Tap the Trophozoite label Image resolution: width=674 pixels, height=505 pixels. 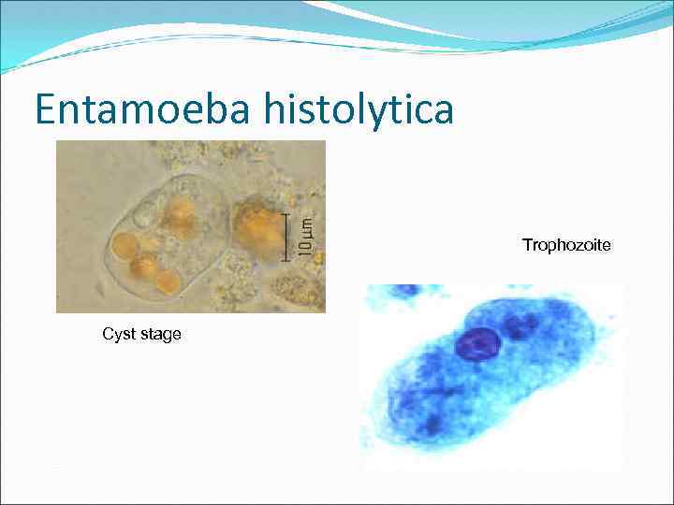[566, 245]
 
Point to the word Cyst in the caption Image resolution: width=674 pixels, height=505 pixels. [119, 334]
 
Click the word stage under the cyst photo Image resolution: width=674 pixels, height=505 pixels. [160, 334]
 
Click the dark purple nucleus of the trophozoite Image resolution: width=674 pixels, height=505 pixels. [478, 343]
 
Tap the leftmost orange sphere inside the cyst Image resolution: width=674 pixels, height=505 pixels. [125, 246]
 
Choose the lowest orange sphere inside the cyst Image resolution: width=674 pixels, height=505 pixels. [168, 281]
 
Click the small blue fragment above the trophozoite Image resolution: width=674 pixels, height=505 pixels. [405, 290]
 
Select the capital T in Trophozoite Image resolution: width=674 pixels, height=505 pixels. [526, 245]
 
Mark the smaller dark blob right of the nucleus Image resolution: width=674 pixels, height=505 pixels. [518, 328]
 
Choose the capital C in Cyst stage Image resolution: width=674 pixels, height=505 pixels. [107, 334]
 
